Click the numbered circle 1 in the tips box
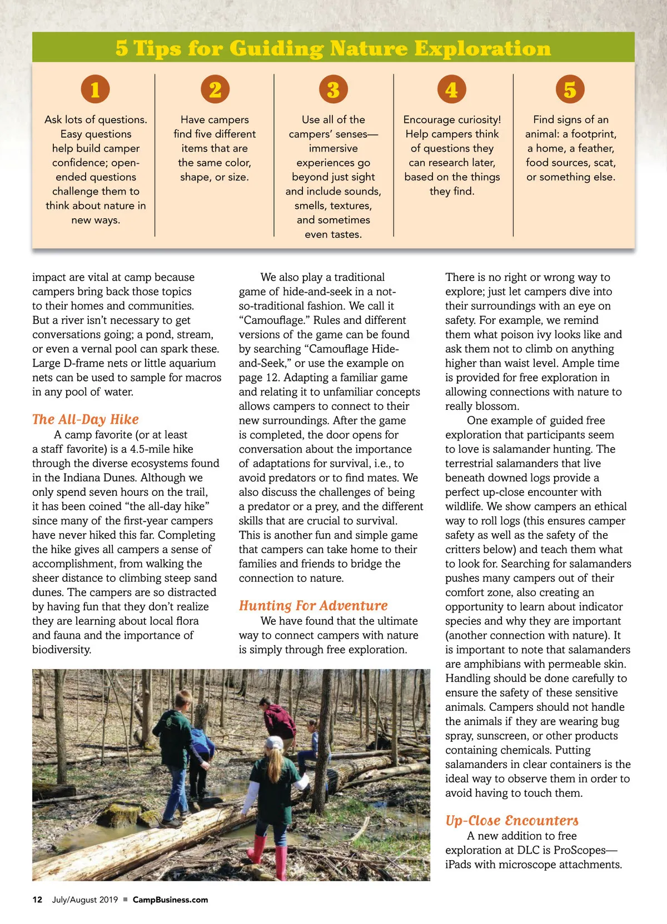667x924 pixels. pyautogui.click(x=95, y=89)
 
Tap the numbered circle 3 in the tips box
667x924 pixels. pyautogui.click(x=333, y=89)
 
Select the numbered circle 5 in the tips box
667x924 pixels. pyautogui.click(x=570, y=89)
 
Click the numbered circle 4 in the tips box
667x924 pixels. pyautogui.click(x=451, y=89)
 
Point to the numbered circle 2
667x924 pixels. pyautogui.click(x=215, y=89)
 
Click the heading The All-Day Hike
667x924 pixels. pyautogui.click(x=86, y=419)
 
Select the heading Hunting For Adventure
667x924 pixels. pyautogui.click(x=313, y=605)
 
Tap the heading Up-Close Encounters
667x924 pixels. pyautogui.click(x=511, y=820)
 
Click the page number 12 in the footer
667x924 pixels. pyautogui.click(x=37, y=900)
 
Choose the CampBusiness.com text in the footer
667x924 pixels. pyautogui.click(x=170, y=900)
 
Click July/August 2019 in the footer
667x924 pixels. pyautogui.click(x=85, y=900)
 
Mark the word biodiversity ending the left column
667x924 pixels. pyautogui.click(x=61, y=650)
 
